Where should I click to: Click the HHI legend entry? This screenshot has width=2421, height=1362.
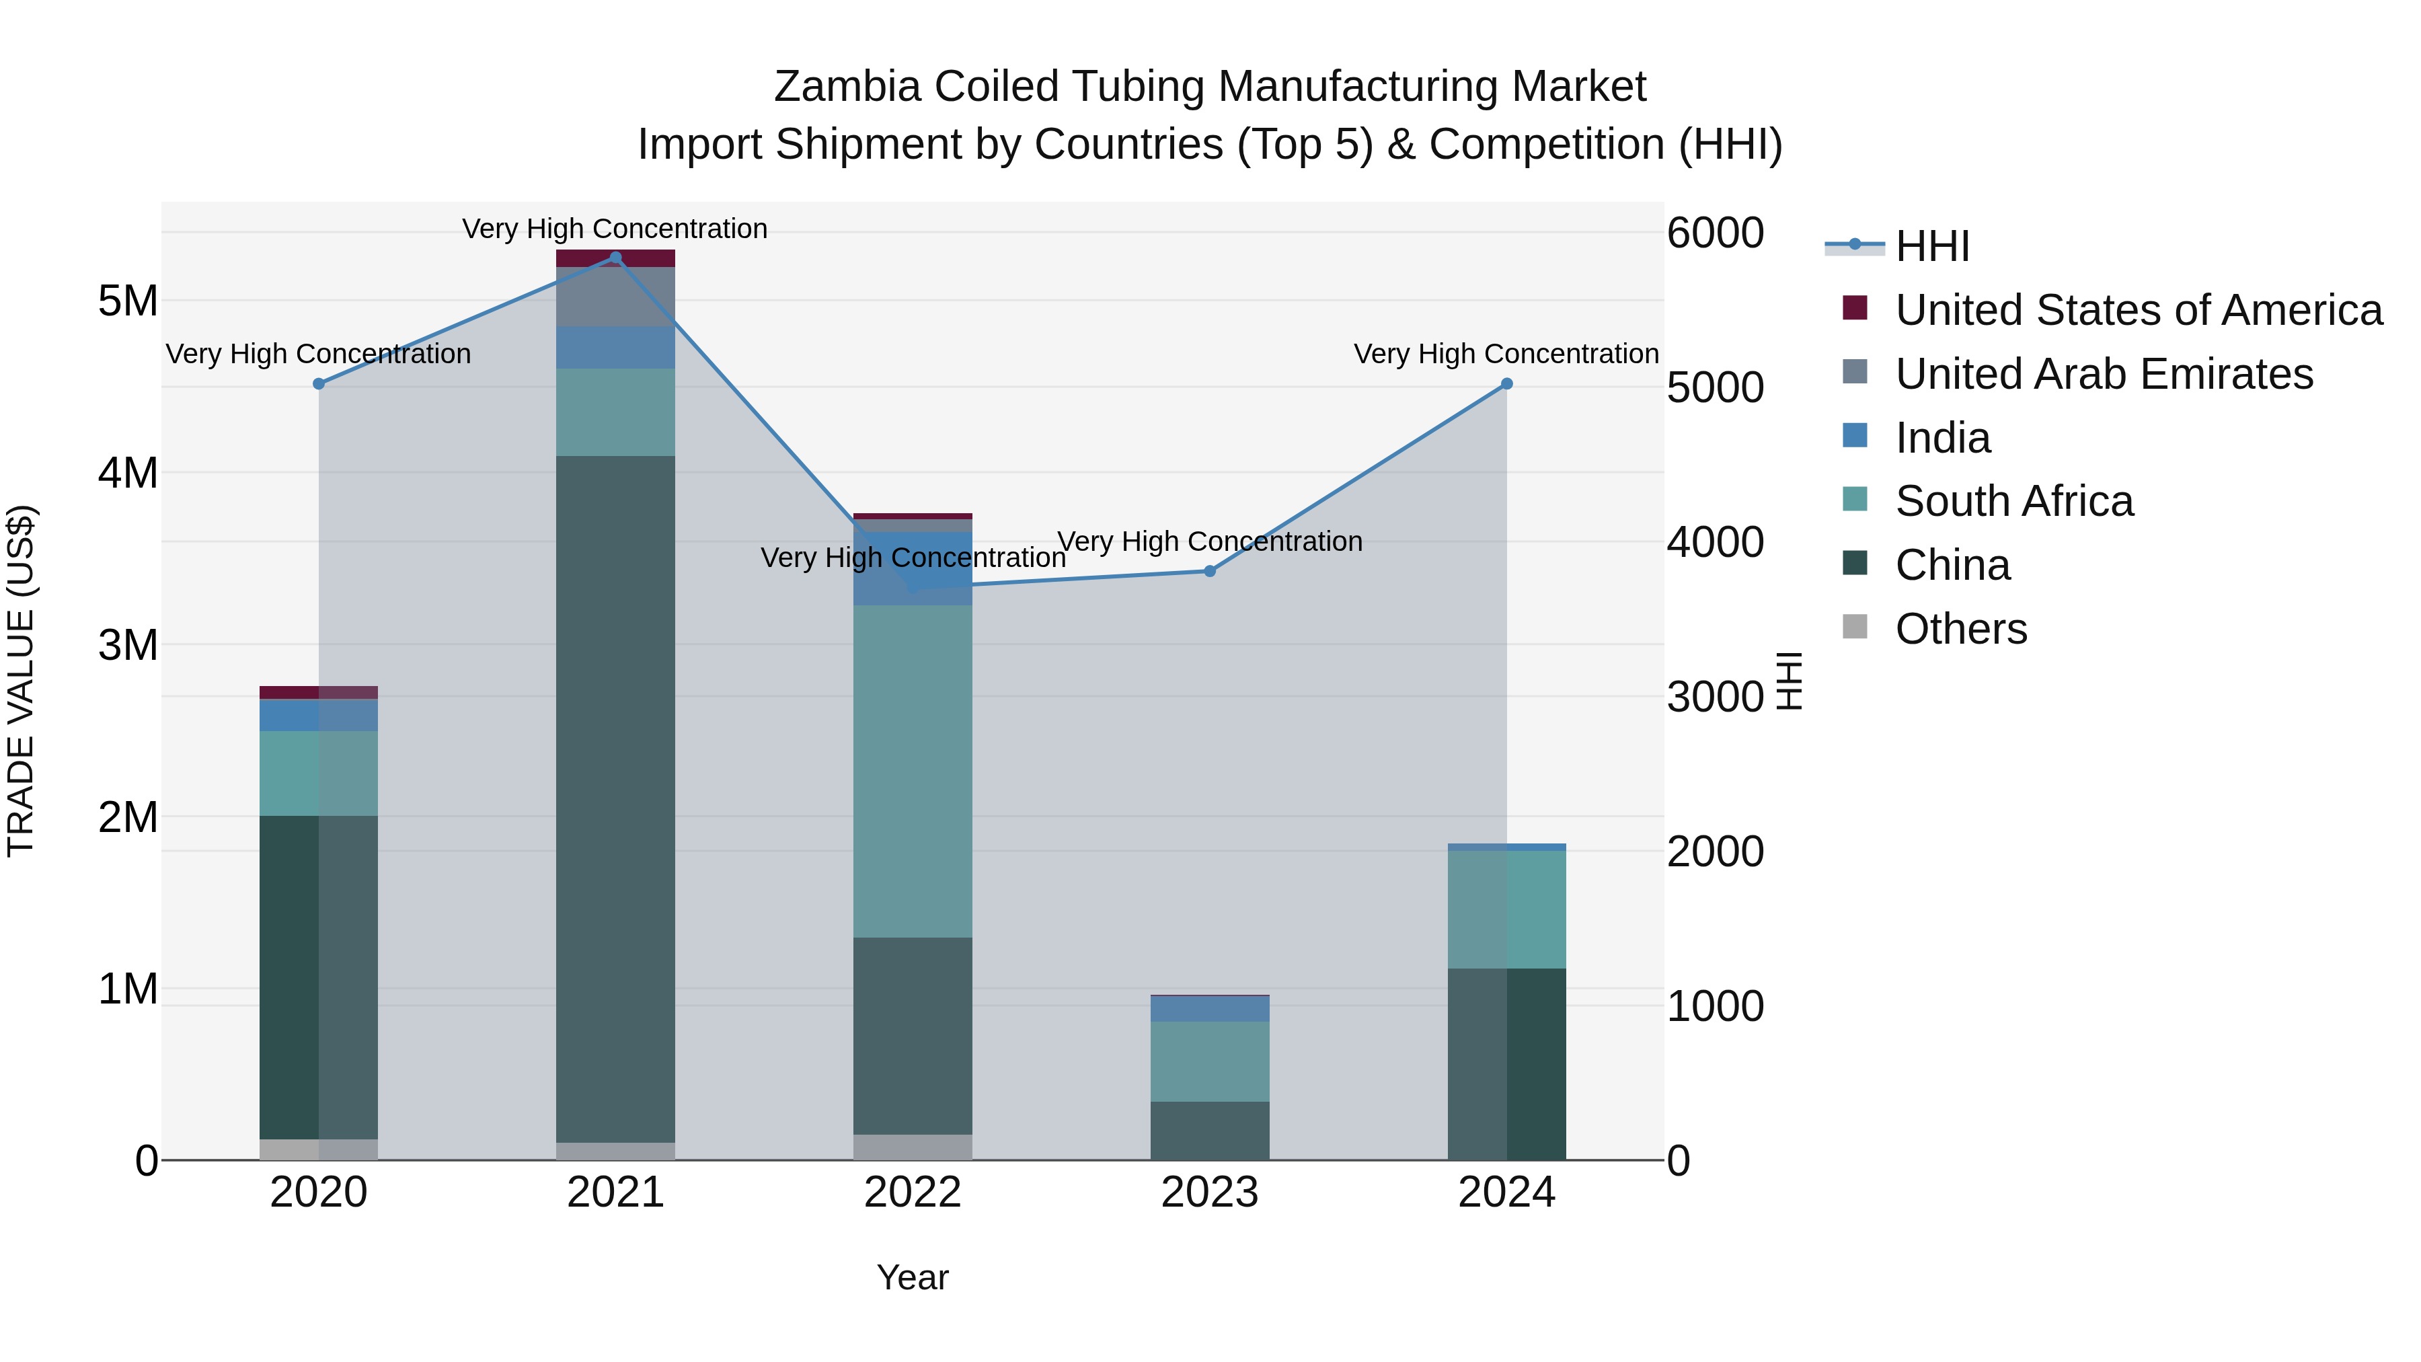tap(1931, 246)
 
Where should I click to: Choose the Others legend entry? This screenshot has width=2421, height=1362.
tap(1960, 629)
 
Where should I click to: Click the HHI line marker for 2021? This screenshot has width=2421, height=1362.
tap(615, 258)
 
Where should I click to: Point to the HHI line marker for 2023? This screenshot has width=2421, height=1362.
tap(1210, 572)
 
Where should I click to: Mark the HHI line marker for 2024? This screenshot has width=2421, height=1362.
tap(1506, 383)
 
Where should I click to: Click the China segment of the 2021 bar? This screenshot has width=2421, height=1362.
tap(615, 799)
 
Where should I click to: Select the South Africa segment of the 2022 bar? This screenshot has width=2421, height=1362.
tap(913, 771)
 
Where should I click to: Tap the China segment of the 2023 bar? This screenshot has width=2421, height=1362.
tap(1210, 1131)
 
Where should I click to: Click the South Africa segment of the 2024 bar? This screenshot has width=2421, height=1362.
tap(1506, 909)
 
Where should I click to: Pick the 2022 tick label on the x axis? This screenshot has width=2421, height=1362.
tap(913, 1193)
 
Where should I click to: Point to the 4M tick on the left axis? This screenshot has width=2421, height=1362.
tap(128, 473)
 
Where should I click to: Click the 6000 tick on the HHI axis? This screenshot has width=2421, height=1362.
tap(1715, 233)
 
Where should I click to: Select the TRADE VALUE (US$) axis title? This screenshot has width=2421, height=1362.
tap(21, 681)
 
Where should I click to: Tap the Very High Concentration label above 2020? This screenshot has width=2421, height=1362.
tap(319, 354)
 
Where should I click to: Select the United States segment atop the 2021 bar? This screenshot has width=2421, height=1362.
tap(615, 257)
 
